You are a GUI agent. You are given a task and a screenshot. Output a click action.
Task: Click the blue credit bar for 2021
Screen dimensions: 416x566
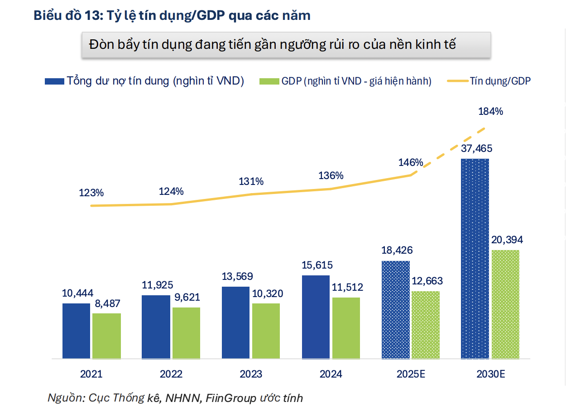76,331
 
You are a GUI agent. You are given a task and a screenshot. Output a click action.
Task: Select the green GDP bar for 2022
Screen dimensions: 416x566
186,333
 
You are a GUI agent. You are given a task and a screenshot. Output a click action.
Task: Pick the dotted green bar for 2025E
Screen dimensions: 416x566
425,325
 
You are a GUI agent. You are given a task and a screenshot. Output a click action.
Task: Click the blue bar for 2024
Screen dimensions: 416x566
316,317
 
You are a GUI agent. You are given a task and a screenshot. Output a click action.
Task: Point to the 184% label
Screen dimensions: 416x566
490,111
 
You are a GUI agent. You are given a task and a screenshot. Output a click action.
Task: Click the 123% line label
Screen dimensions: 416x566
91,193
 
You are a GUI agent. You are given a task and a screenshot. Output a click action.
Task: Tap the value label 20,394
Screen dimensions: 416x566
507,240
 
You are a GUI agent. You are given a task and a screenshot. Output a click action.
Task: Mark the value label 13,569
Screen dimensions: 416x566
237,276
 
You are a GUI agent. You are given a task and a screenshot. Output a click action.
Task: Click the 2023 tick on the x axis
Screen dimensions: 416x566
251,374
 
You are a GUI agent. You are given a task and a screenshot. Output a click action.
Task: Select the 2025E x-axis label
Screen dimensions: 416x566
411,374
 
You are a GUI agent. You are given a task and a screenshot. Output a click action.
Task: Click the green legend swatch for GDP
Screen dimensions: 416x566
269,81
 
